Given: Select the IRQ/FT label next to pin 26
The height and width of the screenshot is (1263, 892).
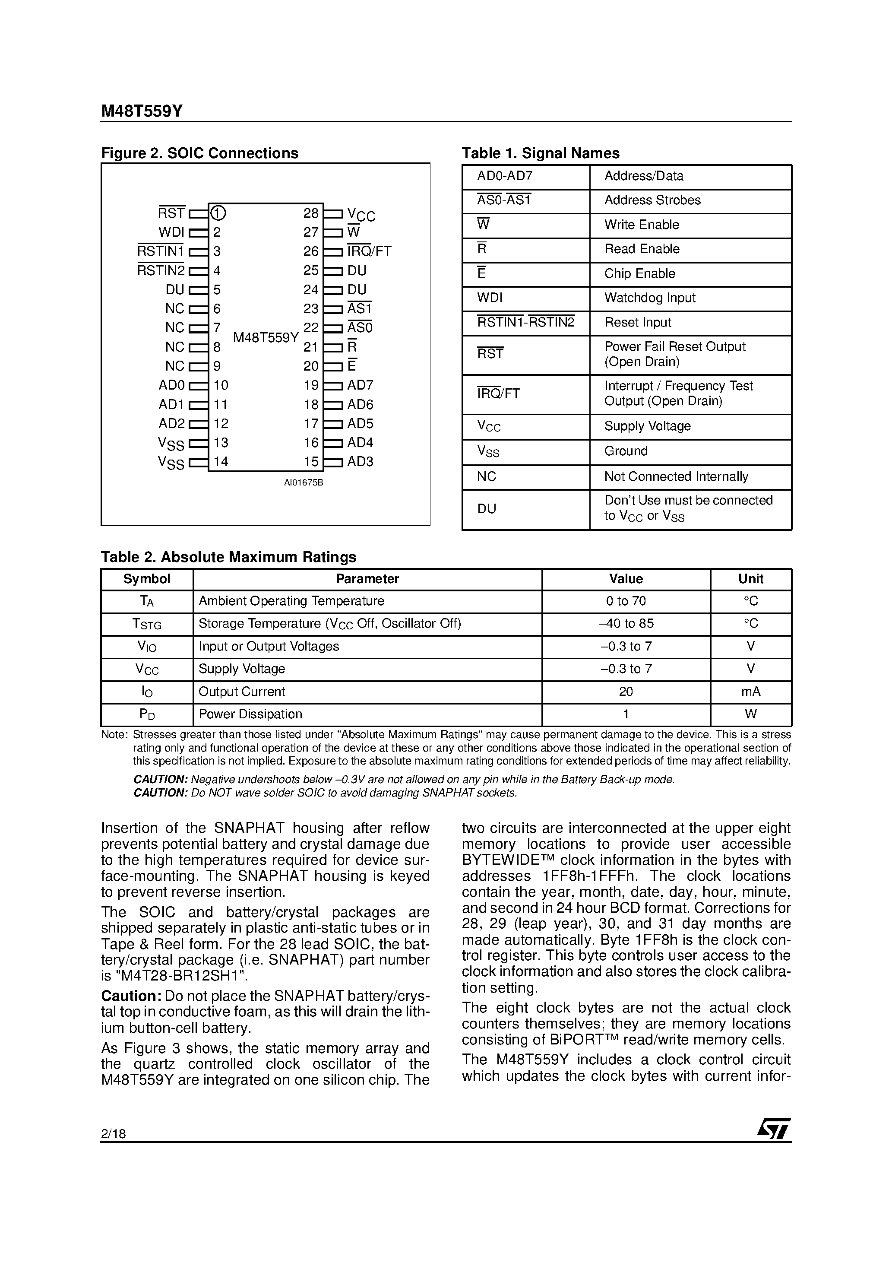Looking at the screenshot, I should pyautogui.click(x=369, y=251).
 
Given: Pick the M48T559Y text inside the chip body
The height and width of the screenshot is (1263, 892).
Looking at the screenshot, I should pyautogui.click(x=266, y=338).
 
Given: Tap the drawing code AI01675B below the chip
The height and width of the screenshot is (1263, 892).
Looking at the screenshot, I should pyautogui.click(x=303, y=483).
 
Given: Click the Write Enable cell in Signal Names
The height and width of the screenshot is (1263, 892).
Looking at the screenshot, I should pyautogui.click(x=641, y=225).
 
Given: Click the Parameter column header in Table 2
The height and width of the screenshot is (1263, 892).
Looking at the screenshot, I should pyautogui.click(x=367, y=579).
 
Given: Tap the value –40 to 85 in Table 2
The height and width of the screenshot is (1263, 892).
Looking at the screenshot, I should pyautogui.click(x=626, y=624).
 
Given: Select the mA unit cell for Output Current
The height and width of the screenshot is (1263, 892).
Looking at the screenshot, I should pyautogui.click(x=751, y=692).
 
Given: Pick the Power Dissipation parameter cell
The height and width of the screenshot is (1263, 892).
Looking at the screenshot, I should pyautogui.click(x=250, y=714).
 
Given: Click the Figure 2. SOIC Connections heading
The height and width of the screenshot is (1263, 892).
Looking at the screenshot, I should pyautogui.click(x=199, y=153).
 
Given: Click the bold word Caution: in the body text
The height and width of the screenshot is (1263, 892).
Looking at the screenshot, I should pyautogui.click(x=131, y=996).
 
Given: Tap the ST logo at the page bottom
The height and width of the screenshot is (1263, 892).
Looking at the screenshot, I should pyautogui.click(x=774, y=1128).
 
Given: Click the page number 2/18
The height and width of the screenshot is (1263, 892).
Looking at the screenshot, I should pyautogui.click(x=113, y=1134).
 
